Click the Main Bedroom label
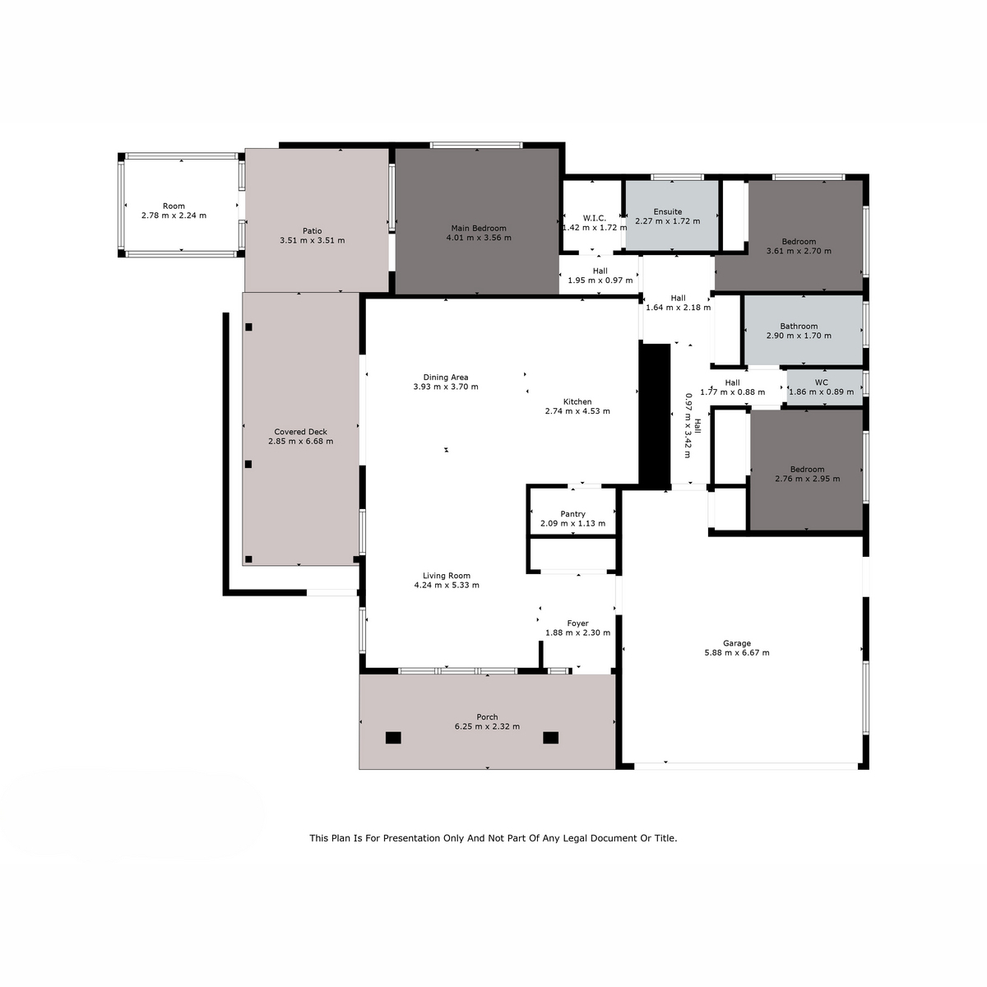479,228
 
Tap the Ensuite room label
667,211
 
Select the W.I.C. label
594,218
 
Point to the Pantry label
572,514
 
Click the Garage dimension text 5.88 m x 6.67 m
736,652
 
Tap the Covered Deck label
301,432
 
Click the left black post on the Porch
393,738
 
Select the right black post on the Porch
550,738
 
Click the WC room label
821,382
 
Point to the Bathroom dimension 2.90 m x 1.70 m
799,336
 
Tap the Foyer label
577,623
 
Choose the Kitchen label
577,401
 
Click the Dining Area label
446,378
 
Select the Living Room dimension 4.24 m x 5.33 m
447,585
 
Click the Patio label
312,231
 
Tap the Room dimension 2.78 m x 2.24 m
174,215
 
